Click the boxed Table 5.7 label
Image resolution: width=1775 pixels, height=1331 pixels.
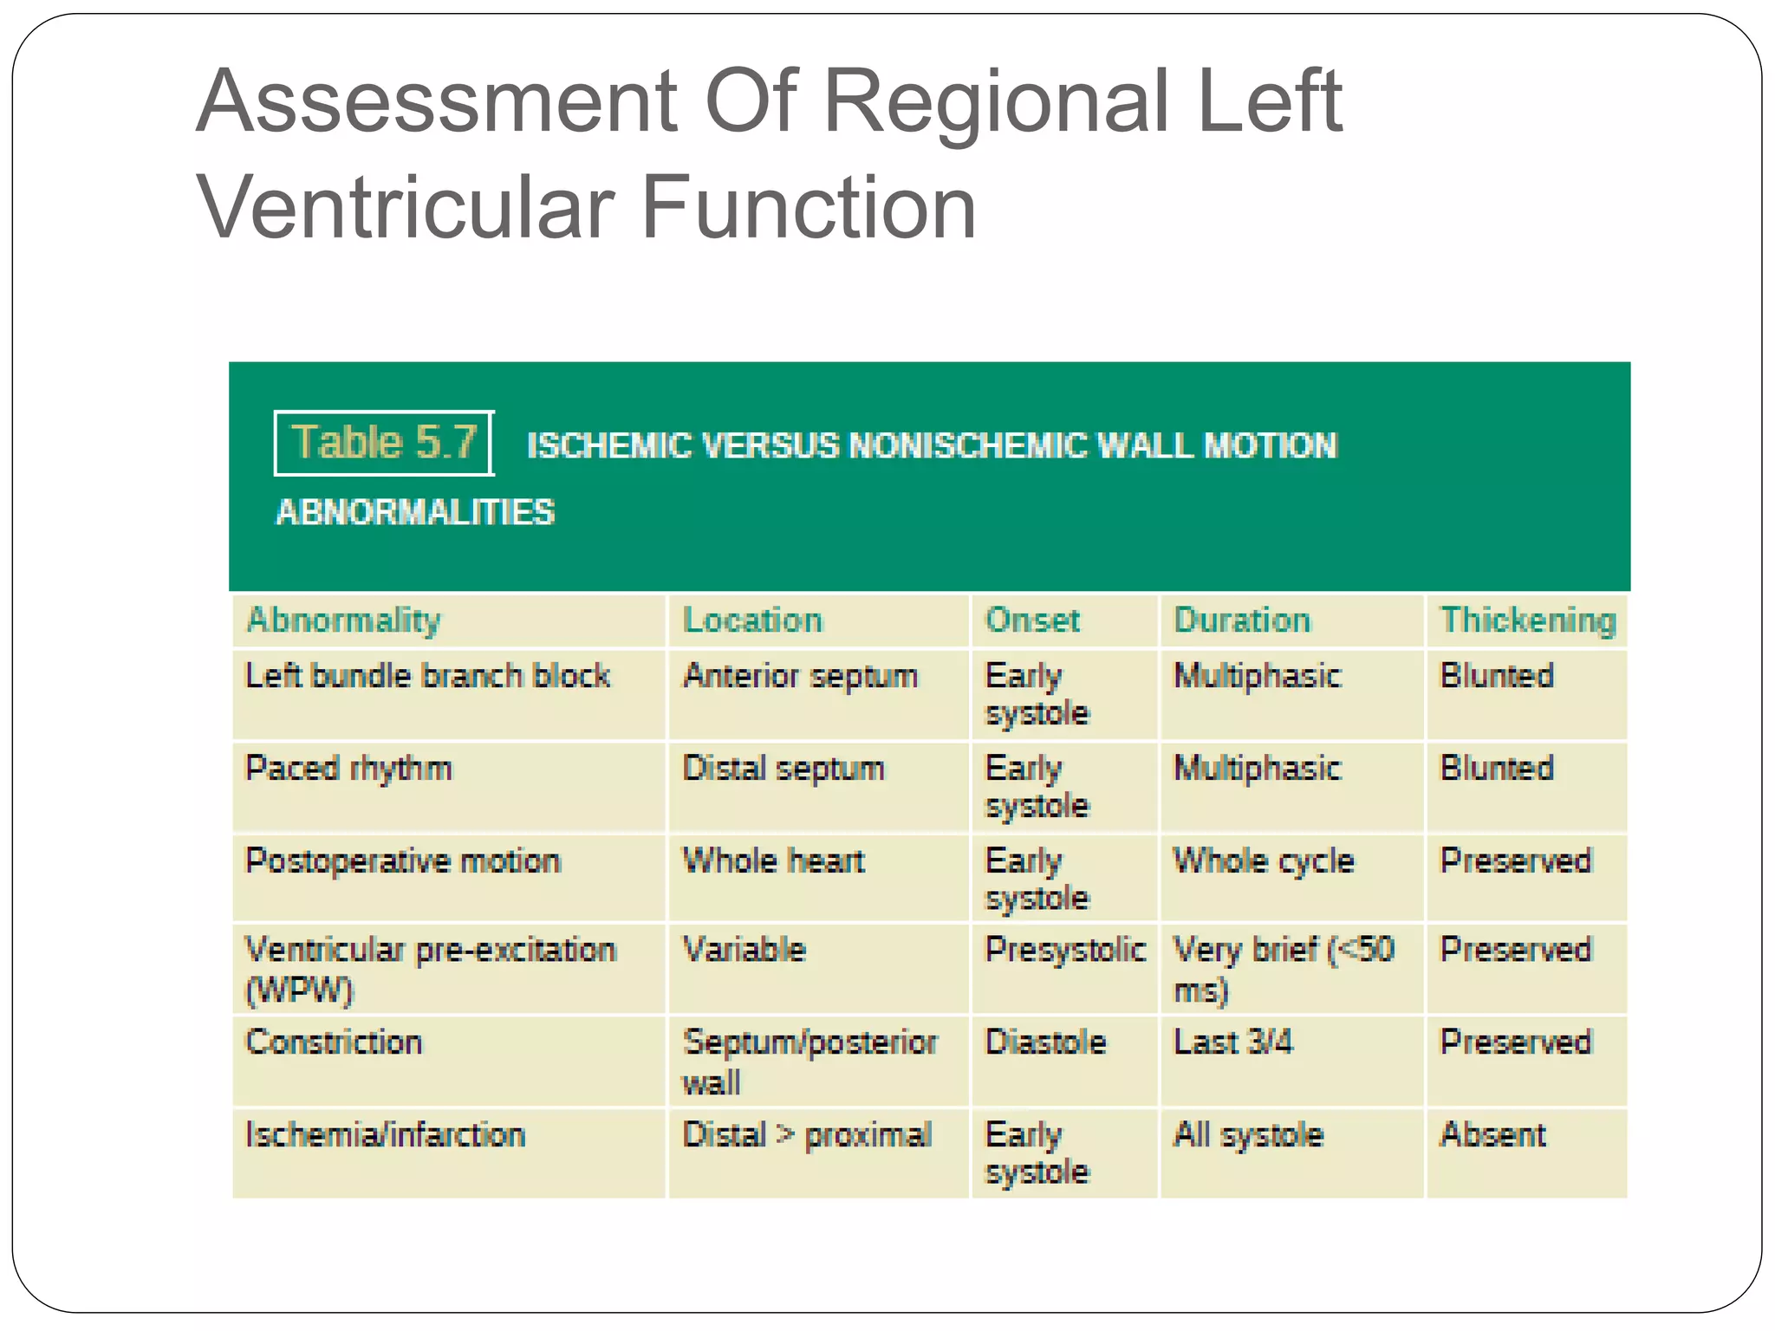point(384,443)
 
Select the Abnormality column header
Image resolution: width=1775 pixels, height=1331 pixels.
point(343,620)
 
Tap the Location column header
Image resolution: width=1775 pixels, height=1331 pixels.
point(752,620)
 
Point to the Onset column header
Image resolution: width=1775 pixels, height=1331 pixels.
point(1032,620)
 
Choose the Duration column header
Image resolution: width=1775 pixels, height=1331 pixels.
point(1242,620)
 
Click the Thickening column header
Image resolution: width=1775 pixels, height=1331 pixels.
point(1528,620)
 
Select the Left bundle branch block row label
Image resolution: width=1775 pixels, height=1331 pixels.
point(428,676)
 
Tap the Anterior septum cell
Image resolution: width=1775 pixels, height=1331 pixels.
point(800,676)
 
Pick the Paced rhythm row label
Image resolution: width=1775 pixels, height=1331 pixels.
point(348,769)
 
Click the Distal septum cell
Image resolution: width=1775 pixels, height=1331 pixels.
point(783,769)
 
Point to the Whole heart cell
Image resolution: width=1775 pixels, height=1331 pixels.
point(774,861)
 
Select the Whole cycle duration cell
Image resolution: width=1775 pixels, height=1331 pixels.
point(1264,861)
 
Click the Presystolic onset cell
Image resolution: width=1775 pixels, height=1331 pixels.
point(1065,951)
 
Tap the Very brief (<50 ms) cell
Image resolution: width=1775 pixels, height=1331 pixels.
point(1283,969)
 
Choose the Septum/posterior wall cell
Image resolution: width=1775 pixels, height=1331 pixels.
point(809,1062)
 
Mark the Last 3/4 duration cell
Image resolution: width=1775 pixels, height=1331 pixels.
point(1232,1042)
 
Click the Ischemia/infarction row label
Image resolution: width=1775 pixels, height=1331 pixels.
point(386,1135)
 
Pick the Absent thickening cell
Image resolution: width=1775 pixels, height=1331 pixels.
point(1492,1135)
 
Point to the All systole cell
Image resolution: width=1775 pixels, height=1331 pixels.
point(1248,1135)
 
